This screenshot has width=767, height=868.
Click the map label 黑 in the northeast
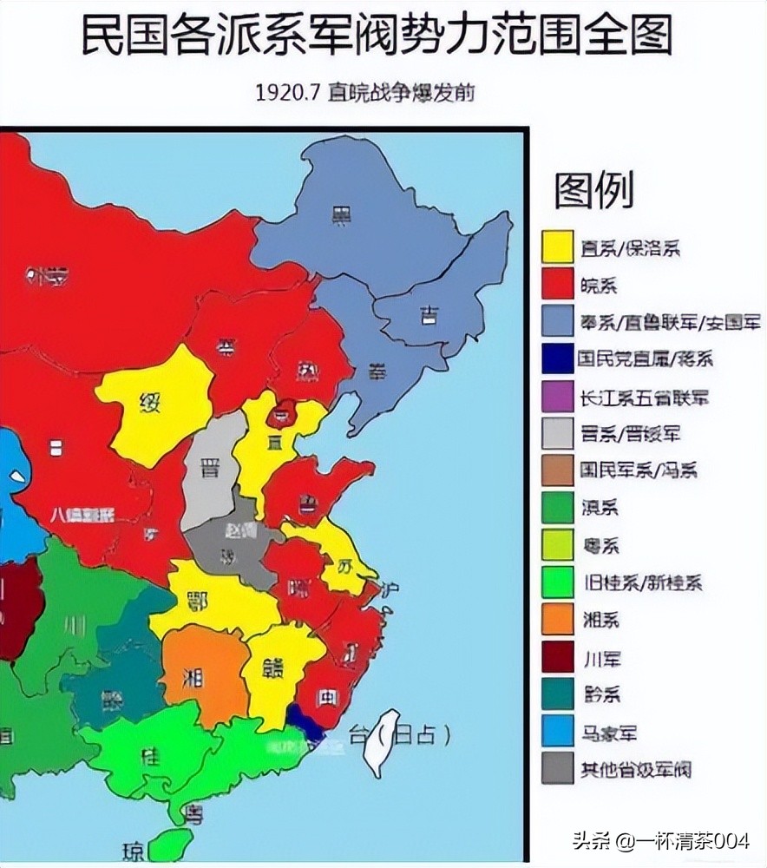[x=341, y=216]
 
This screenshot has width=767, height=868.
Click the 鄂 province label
[x=199, y=601]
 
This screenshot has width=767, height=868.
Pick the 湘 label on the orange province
[x=193, y=676]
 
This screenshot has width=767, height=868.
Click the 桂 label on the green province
[x=151, y=756]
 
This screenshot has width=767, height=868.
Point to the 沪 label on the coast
[x=390, y=589]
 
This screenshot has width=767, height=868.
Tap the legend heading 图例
[x=594, y=190]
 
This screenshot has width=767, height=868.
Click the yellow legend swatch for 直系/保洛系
[x=557, y=247]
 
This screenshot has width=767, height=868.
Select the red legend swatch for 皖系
[x=557, y=284]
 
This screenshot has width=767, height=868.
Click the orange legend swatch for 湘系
[x=557, y=618]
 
